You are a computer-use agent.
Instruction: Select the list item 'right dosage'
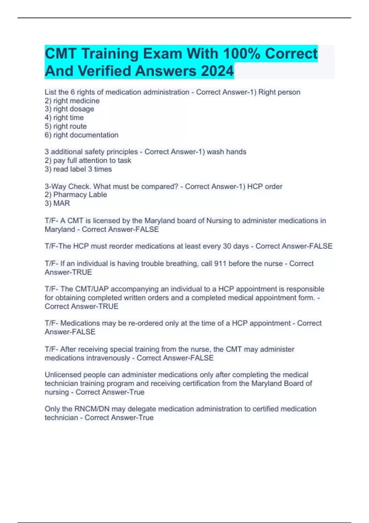[69, 109]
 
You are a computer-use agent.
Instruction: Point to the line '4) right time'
[64, 118]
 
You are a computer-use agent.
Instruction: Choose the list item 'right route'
[66, 126]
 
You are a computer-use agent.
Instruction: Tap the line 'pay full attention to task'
[88, 160]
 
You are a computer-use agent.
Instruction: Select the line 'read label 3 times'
[78, 169]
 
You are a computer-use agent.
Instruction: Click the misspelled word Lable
[98, 194]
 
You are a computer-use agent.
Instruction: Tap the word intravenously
[109, 358]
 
